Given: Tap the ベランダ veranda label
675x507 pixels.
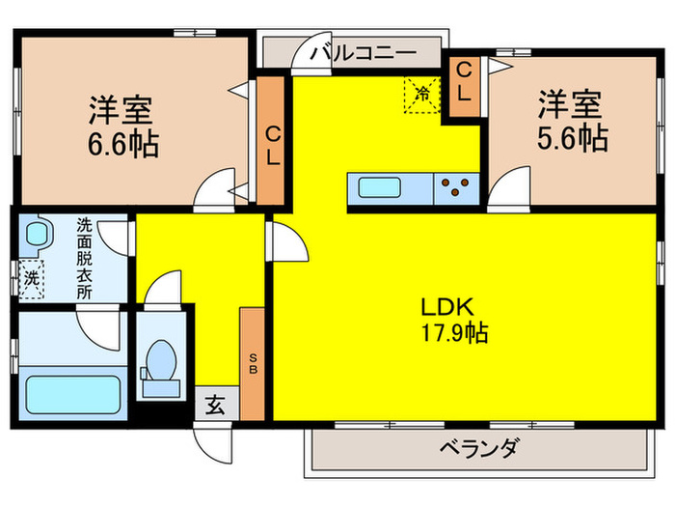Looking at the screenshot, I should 479,448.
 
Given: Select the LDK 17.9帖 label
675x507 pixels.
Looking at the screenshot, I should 452,321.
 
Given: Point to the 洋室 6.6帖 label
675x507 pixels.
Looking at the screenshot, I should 124,126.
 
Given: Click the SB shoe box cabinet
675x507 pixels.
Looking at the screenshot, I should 253,363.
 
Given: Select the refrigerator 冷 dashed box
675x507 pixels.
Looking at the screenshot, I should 421,94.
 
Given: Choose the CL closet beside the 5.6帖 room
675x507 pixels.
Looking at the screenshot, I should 464,87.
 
